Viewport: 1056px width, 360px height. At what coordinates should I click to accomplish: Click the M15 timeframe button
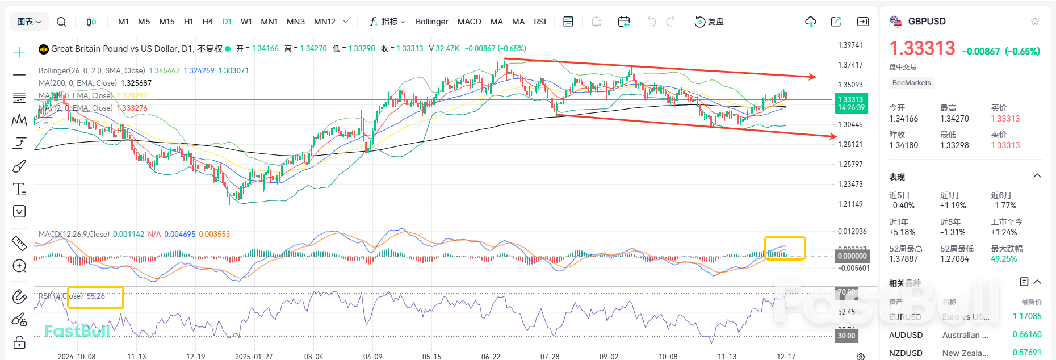pyautogui.click(x=167, y=22)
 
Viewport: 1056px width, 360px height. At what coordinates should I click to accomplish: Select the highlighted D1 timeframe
pyautogui.click(x=227, y=22)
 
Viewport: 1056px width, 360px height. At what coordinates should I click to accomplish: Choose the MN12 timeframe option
pyautogui.click(x=325, y=22)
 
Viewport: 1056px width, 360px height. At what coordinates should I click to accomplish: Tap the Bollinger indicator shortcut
pyautogui.click(x=431, y=22)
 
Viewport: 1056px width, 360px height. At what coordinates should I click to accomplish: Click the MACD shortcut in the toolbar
pyautogui.click(x=469, y=22)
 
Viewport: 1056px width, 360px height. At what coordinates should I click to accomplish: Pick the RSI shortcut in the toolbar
pyautogui.click(x=540, y=22)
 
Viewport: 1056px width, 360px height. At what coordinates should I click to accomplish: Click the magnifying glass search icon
pyautogui.click(x=62, y=22)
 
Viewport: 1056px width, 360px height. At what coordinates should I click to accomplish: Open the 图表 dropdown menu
pyautogui.click(x=29, y=22)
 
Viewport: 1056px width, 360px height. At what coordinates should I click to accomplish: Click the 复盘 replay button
pyautogui.click(x=709, y=22)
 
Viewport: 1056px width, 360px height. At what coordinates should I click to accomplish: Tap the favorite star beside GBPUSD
pyautogui.click(x=1034, y=22)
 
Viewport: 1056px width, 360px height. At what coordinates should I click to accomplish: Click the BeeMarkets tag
pyautogui.click(x=911, y=83)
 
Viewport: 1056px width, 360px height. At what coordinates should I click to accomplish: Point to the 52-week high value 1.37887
pyautogui.click(x=903, y=259)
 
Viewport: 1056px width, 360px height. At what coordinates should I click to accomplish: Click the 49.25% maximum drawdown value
pyautogui.click(x=1004, y=259)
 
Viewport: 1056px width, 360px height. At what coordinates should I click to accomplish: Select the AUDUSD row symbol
pyautogui.click(x=906, y=335)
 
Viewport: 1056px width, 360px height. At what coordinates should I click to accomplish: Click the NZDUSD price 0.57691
pyautogui.click(x=1027, y=353)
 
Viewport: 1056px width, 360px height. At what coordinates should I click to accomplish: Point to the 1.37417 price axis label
pyautogui.click(x=850, y=65)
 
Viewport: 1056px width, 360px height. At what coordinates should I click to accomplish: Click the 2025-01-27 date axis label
pyautogui.click(x=254, y=356)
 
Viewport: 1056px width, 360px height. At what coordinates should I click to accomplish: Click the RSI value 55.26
pyautogui.click(x=95, y=296)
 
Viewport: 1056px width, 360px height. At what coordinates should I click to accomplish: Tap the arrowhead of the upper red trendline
pyautogui.click(x=813, y=77)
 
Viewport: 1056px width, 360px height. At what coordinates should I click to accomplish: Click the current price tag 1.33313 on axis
pyautogui.click(x=850, y=99)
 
